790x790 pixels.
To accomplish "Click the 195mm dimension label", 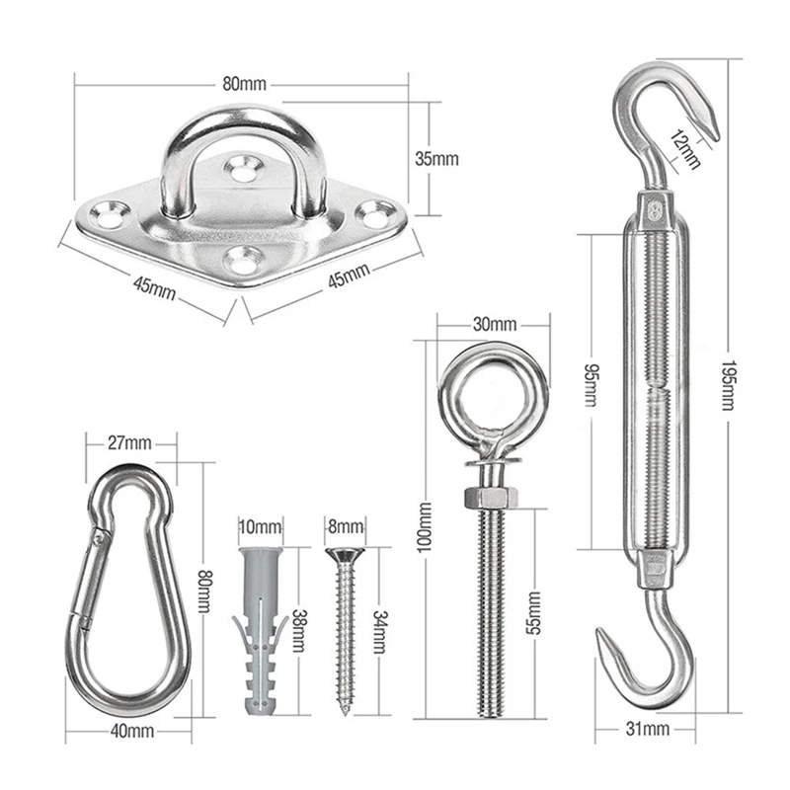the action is [728, 384].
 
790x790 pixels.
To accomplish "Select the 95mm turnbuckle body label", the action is [590, 384].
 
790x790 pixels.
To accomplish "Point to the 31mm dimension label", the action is [648, 729].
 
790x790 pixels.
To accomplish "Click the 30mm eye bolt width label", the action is [495, 324].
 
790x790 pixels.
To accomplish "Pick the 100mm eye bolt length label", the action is [425, 526].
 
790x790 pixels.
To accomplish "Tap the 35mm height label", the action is [436, 159].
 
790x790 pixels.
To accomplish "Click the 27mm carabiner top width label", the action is [129, 442].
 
